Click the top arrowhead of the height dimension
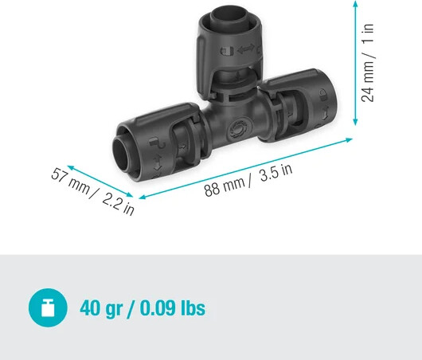click(x=354, y=5)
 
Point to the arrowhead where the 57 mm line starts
click(x=68, y=167)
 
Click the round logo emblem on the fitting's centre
click(x=236, y=131)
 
